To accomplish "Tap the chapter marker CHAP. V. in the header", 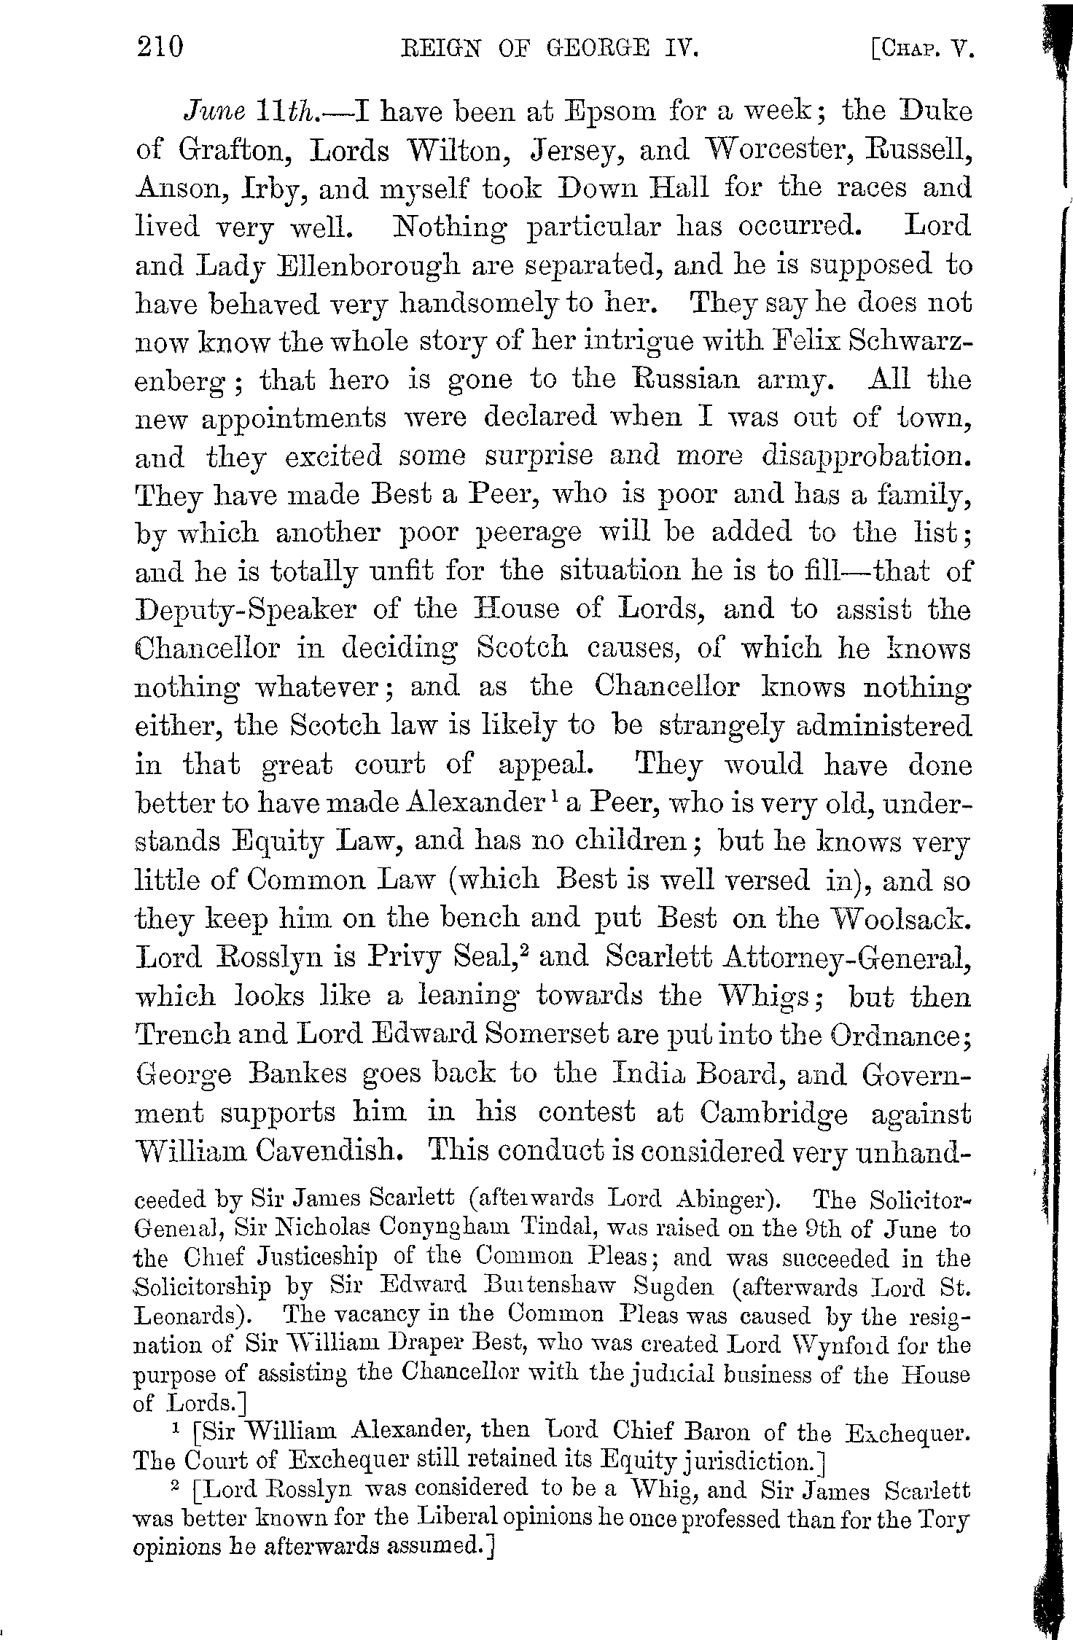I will point(922,49).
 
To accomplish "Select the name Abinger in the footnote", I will point(720,1198).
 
